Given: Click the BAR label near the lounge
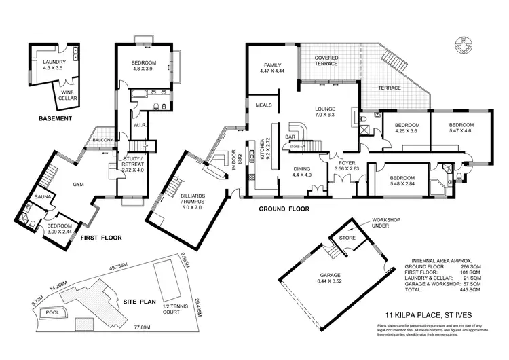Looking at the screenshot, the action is point(290,137).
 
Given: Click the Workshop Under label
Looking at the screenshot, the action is point(383,224).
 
